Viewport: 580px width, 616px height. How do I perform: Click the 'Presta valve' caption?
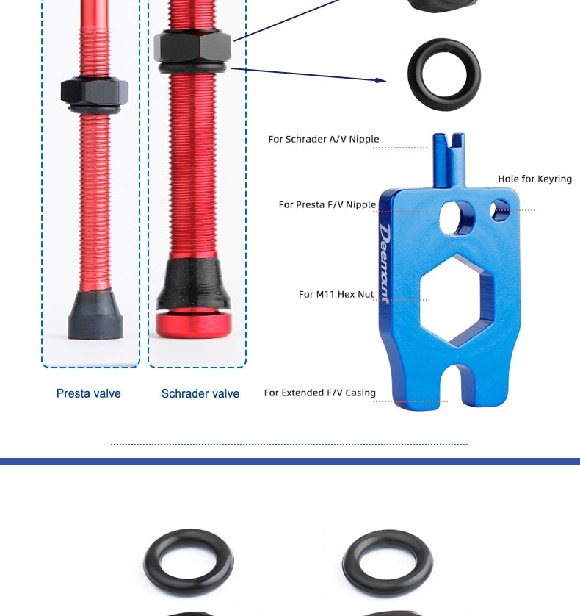click(89, 393)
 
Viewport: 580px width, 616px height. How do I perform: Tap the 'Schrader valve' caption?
click(200, 393)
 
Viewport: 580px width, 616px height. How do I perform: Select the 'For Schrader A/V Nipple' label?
click(324, 139)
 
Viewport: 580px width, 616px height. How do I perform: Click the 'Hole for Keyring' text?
click(535, 179)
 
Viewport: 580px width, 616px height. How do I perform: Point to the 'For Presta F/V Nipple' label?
click(327, 204)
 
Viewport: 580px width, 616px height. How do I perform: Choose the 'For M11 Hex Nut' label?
click(336, 294)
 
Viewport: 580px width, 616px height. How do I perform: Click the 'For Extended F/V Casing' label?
click(320, 393)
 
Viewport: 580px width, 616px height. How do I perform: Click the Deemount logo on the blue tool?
click(385, 264)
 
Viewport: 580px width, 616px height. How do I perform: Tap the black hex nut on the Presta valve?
click(95, 91)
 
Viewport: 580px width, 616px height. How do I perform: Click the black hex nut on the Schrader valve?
click(192, 46)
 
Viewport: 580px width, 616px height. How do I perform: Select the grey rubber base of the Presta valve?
click(95, 315)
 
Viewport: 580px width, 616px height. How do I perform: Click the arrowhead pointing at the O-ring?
click(380, 81)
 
